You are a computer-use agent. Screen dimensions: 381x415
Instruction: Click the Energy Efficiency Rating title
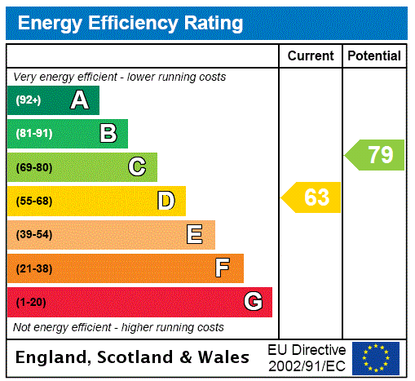click(130, 24)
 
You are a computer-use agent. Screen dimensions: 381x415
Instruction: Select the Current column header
click(311, 56)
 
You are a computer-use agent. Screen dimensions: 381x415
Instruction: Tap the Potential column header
click(374, 56)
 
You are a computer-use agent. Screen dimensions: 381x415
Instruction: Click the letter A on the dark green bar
click(79, 100)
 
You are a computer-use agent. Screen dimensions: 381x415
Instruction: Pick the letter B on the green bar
click(108, 134)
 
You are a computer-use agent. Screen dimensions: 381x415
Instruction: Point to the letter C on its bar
click(137, 167)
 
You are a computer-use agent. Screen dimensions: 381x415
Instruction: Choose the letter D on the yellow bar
click(166, 201)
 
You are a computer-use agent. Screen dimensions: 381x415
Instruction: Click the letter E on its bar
click(195, 235)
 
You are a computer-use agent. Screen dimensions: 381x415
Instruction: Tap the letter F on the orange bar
click(223, 268)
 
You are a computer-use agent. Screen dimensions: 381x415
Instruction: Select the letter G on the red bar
click(253, 303)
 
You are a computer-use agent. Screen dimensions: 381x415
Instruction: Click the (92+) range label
click(29, 100)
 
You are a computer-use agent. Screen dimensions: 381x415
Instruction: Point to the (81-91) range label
click(33, 134)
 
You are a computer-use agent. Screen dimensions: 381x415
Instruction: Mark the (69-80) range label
click(33, 167)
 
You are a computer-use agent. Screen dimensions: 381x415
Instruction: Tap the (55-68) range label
click(33, 201)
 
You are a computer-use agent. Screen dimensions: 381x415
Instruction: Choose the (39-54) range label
click(33, 235)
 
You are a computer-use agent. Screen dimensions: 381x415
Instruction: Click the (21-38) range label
click(33, 268)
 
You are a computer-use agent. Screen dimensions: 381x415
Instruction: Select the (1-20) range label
click(31, 303)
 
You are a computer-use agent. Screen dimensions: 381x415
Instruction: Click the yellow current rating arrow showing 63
click(312, 197)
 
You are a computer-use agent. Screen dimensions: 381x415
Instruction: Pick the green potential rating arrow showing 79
click(375, 154)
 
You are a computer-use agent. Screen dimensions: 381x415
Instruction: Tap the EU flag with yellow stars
click(376, 357)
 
